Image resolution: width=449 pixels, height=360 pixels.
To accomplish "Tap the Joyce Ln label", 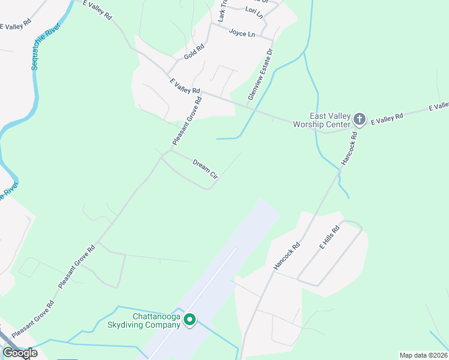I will point(242,33).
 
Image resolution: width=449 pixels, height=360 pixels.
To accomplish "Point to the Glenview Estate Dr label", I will point(260,75).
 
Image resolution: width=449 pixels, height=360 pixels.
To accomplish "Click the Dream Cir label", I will point(205,169).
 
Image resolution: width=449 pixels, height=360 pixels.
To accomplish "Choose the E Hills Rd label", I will point(330,237).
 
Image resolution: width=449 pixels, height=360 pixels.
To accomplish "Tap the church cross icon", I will point(360,119).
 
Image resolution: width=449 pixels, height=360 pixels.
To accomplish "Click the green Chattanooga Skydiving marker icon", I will point(190,320).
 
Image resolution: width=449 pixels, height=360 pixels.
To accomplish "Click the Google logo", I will point(20,353).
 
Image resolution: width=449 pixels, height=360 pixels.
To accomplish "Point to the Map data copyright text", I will point(423,355).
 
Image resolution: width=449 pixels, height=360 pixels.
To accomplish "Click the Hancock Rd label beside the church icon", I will point(349,148).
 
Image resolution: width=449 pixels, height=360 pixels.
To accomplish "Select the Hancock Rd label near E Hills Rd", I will point(286,255).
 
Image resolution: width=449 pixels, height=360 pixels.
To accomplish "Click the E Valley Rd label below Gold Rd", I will point(184,86).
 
